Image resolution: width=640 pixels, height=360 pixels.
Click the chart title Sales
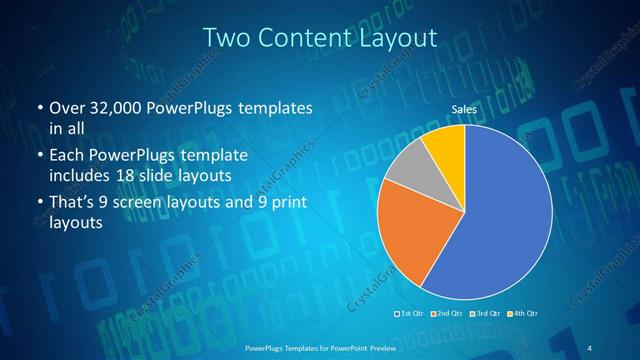(463, 108)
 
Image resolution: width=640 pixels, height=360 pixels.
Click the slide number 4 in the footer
(588, 346)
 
